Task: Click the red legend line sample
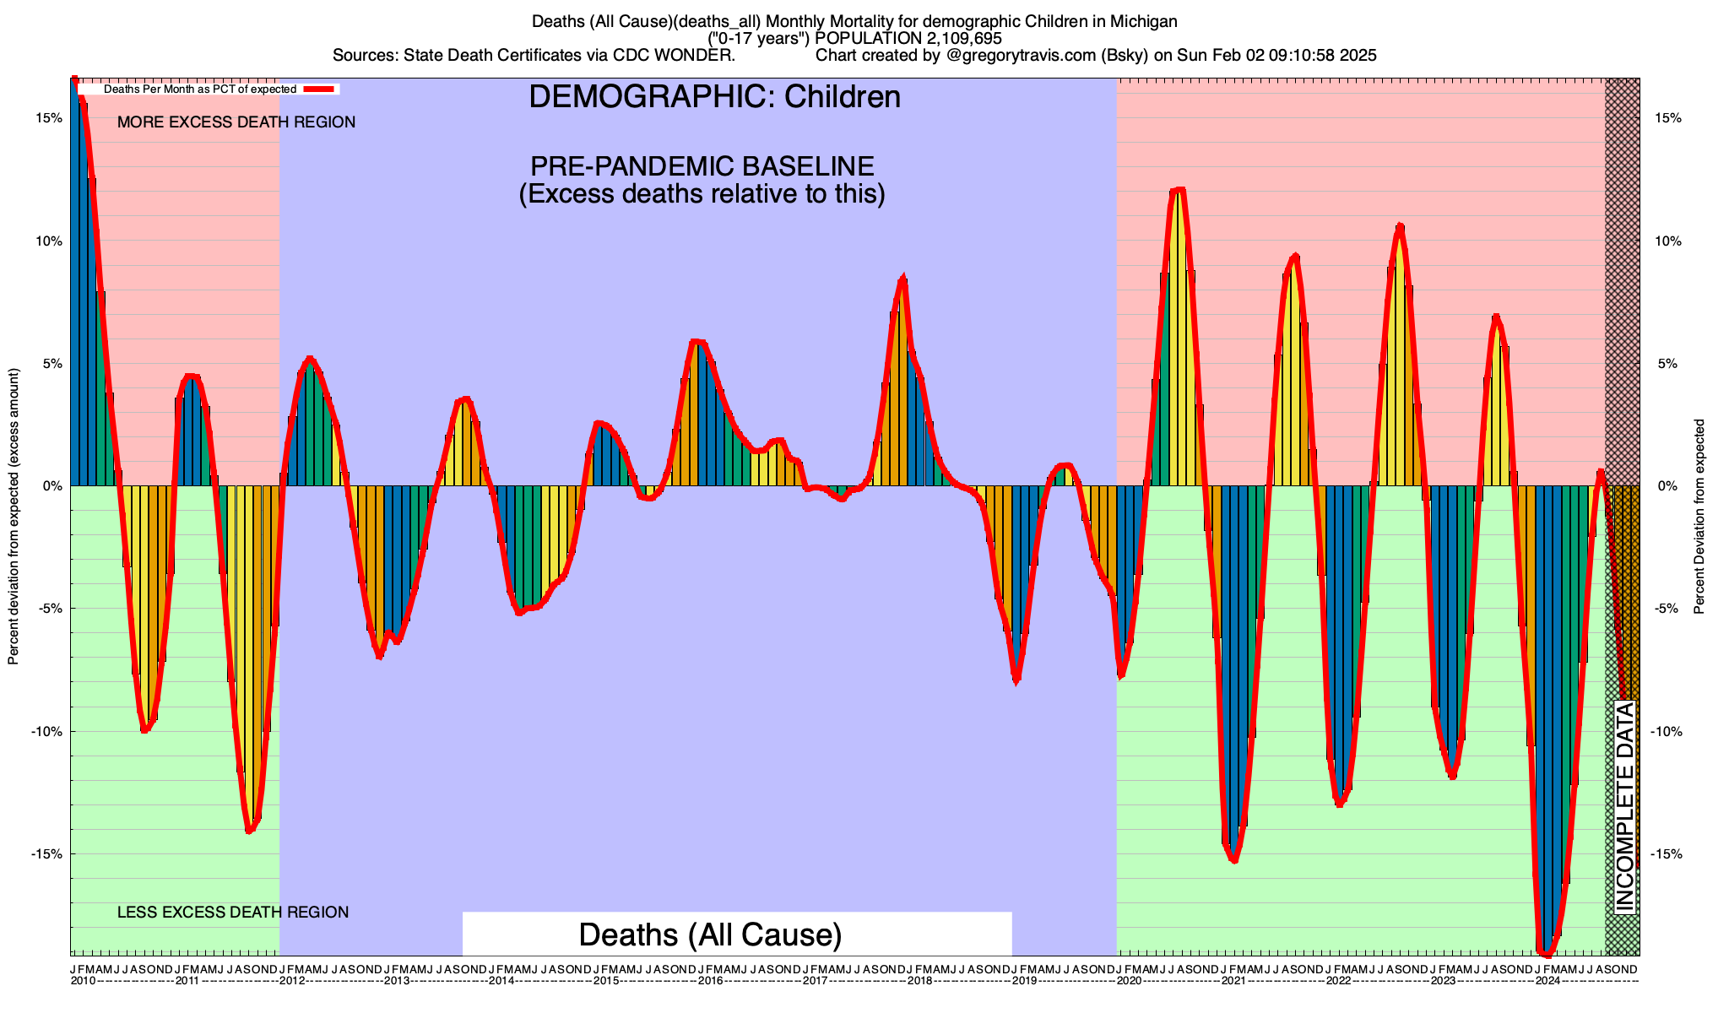(x=321, y=89)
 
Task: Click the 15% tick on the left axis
(x=49, y=118)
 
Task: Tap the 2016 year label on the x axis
(x=710, y=981)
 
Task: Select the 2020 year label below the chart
(x=1129, y=981)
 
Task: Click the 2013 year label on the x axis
(x=396, y=981)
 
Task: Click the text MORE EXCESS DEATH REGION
(x=236, y=122)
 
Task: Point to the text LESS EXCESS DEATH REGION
(x=233, y=913)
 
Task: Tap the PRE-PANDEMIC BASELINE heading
(x=702, y=165)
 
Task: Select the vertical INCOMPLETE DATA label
(x=1624, y=806)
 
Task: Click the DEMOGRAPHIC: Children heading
(x=714, y=97)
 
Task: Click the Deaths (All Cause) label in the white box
(x=710, y=934)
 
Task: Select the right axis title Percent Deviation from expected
(x=1700, y=517)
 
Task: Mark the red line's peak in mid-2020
(x=1179, y=190)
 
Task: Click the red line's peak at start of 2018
(x=903, y=278)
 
